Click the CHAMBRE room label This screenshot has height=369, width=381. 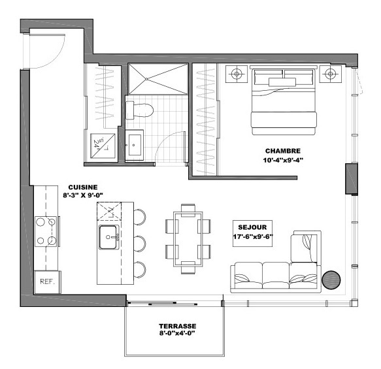point(283,151)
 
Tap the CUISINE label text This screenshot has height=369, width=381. point(83,187)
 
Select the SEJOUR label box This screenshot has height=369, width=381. point(252,233)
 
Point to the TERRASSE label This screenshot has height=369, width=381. point(178,326)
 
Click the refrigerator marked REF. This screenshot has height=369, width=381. point(48,282)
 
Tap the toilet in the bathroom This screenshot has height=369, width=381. point(139,110)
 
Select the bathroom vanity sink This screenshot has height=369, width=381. point(135,145)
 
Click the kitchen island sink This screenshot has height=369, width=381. point(108,237)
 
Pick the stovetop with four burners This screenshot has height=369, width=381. point(46,231)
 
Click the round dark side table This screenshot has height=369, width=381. point(331,280)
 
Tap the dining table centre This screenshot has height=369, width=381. point(188,239)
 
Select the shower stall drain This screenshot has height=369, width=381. point(146,79)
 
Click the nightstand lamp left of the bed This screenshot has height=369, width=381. point(237,74)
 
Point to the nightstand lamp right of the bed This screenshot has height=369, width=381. point(330,74)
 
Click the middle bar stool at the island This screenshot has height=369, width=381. point(140,244)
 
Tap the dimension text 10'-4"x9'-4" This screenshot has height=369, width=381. point(283,160)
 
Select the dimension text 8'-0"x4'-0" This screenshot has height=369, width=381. point(177,333)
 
